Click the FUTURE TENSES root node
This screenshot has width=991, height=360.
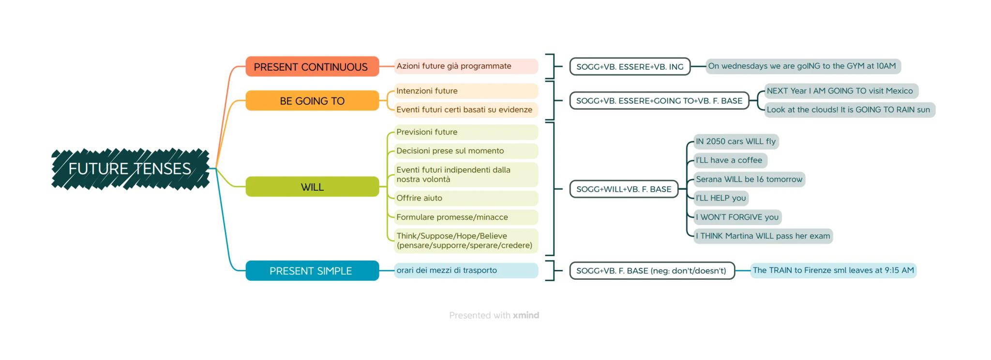130,169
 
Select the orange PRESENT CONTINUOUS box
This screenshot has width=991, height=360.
312,67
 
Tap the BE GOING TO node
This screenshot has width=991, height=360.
312,101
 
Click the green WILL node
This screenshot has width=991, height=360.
312,187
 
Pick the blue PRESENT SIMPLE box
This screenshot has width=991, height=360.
312,271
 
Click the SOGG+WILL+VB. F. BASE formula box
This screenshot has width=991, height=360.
623,189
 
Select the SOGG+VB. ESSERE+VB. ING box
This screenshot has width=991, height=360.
630,67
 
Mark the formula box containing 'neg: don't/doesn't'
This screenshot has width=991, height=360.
651,271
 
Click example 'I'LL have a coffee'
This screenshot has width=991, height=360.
729,160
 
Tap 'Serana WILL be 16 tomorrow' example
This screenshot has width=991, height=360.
749,179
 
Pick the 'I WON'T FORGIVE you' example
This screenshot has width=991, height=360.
737,217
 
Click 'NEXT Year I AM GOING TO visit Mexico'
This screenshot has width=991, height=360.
840,91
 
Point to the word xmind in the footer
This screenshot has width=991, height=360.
526,315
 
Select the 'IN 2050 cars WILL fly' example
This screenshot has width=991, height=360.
736,141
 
